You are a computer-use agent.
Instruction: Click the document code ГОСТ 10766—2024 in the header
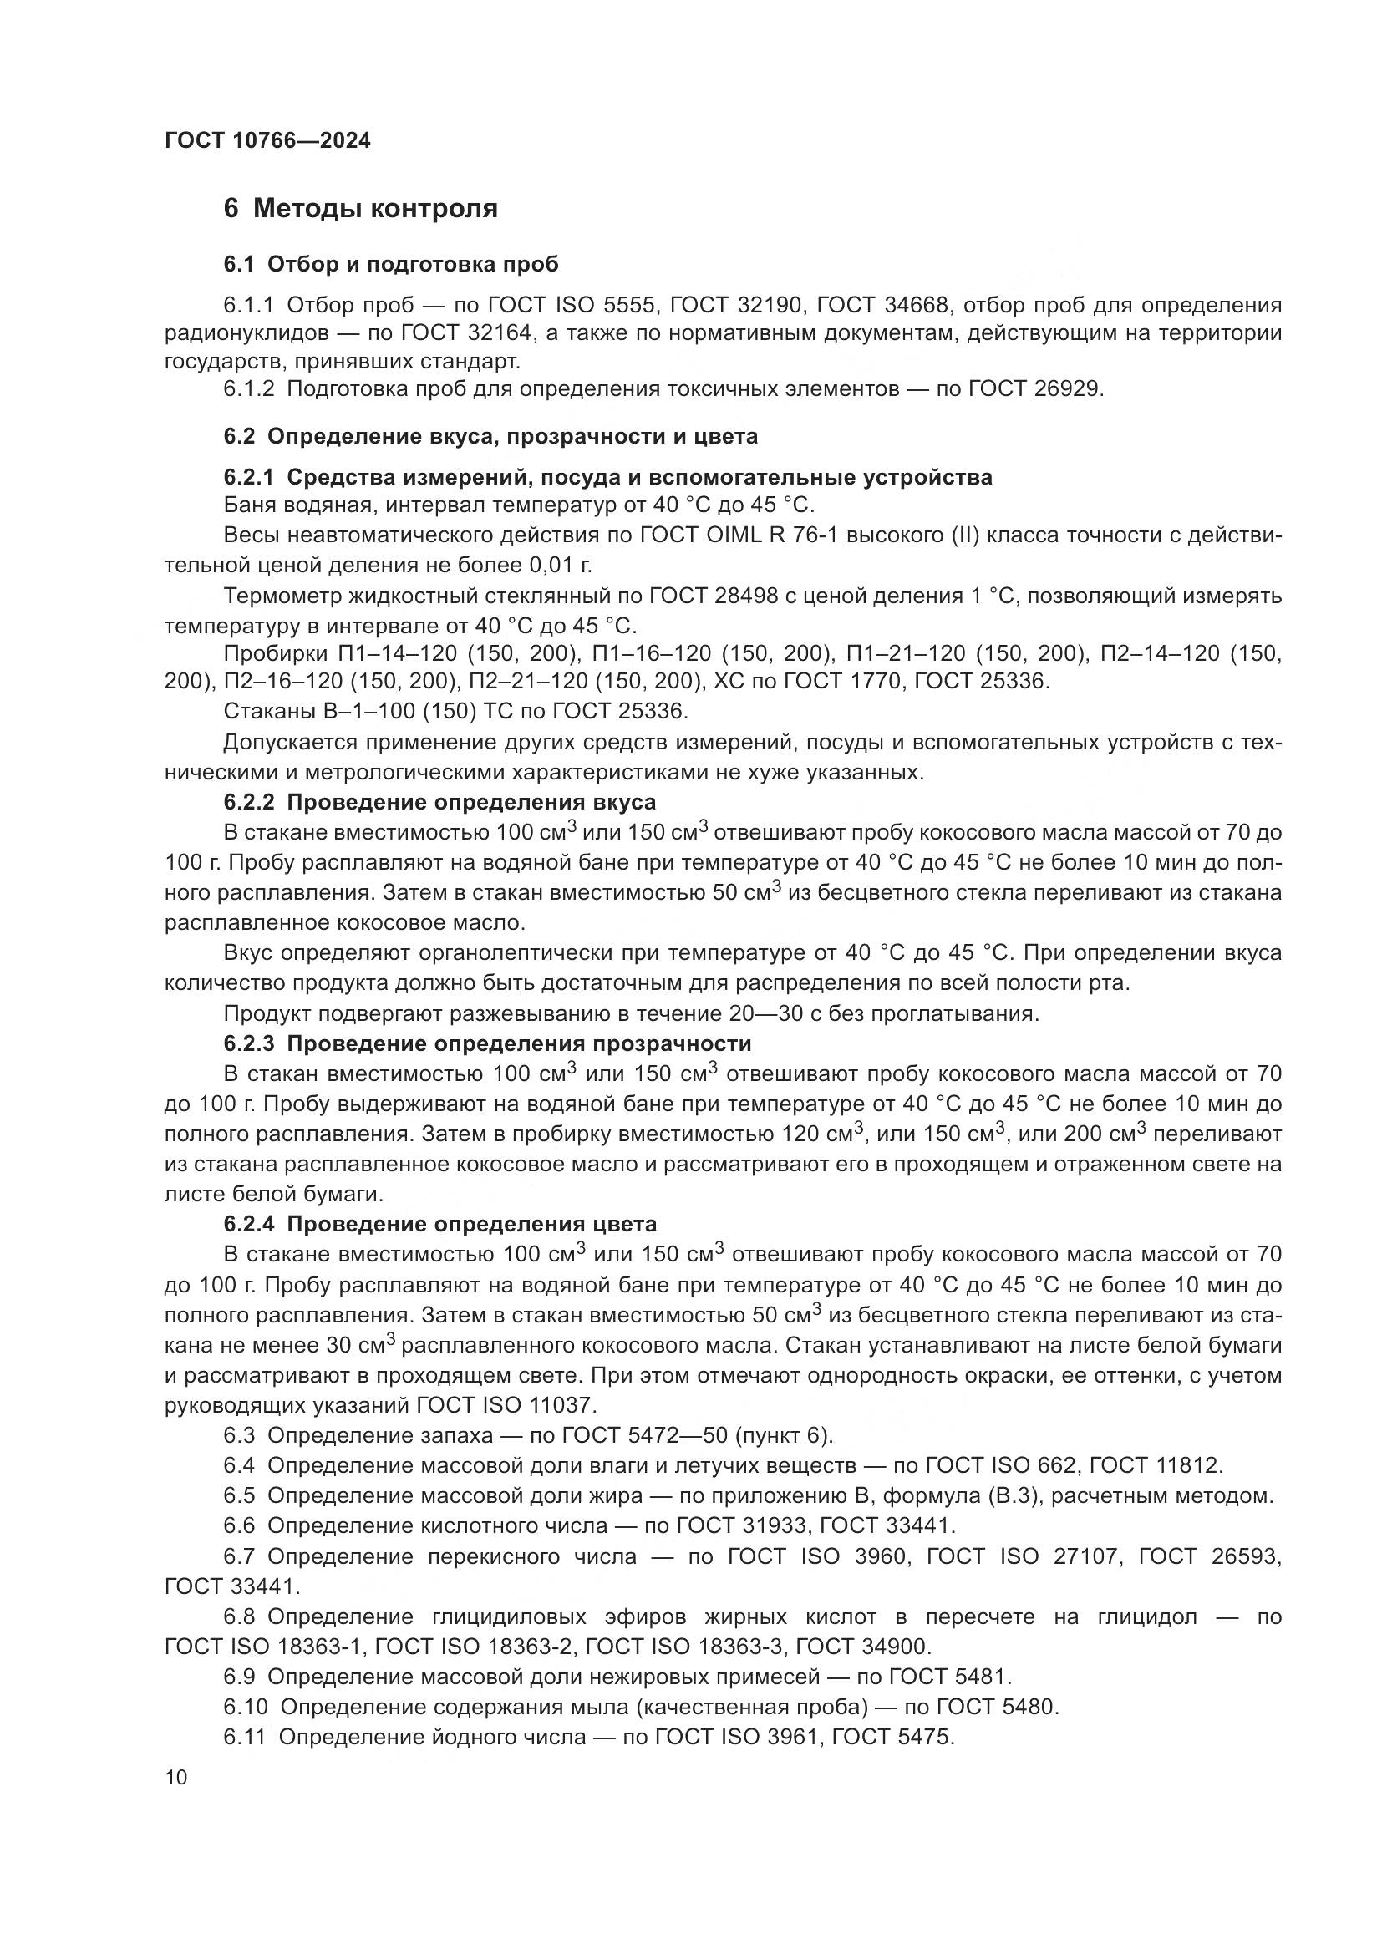pyautogui.click(x=268, y=141)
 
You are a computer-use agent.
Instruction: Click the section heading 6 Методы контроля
pyautogui.click(x=360, y=209)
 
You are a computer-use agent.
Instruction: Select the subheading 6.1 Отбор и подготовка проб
pyautogui.click(x=390, y=265)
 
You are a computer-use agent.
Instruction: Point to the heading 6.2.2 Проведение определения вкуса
pyautogui.click(x=439, y=803)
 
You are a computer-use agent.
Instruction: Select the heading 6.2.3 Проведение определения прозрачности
pyautogui.click(x=487, y=1043)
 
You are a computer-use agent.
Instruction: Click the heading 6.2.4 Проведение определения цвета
pyautogui.click(x=440, y=1225)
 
